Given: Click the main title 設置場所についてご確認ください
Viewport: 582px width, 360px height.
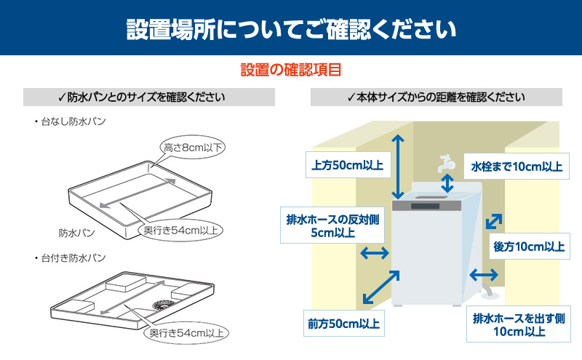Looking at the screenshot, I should coord(291,28).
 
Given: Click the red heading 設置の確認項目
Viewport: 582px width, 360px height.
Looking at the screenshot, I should coord(291,71).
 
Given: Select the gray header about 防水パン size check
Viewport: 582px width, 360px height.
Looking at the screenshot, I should coord(148,97).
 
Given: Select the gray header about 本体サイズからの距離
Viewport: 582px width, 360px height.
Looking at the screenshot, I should coord(436,97).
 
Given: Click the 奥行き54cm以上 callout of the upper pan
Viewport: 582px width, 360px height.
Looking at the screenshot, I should coord(180,231).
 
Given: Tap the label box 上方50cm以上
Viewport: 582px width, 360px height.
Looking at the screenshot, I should coord(347,165).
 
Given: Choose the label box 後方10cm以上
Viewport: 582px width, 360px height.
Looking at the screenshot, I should coord(529,247).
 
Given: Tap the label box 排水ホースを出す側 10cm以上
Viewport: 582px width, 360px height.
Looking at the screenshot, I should coord(518,325).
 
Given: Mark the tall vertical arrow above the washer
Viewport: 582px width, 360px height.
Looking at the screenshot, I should coord(397,167).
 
